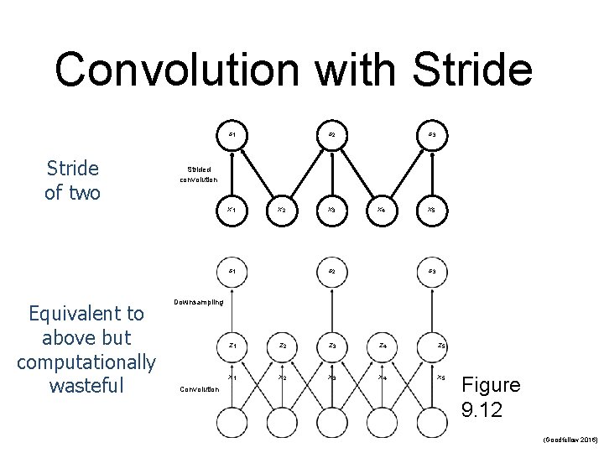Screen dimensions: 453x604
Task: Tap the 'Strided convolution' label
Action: coord(199,174)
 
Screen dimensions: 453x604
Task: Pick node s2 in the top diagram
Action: coord(331,134)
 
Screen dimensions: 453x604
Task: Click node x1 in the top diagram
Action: coord(232,209)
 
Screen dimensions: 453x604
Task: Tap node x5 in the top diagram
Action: coord(431,209)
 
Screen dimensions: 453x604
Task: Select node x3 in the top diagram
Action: coord(331,209)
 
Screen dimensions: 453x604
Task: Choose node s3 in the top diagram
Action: coord(431,134)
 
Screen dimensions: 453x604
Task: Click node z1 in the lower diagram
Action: coord(232,345)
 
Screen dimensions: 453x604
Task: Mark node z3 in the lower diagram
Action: coord(331,345)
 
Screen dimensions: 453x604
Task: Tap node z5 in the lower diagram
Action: coord(440,345)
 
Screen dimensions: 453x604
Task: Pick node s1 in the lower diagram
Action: coord(232,270)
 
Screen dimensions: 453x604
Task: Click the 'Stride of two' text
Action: coord(72,180)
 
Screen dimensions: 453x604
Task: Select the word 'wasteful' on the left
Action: coord(86,386)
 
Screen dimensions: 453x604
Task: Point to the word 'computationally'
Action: coord(86,362)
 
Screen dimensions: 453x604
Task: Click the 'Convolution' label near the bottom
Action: coord(200,388)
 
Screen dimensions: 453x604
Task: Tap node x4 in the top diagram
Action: coord(382,209)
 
